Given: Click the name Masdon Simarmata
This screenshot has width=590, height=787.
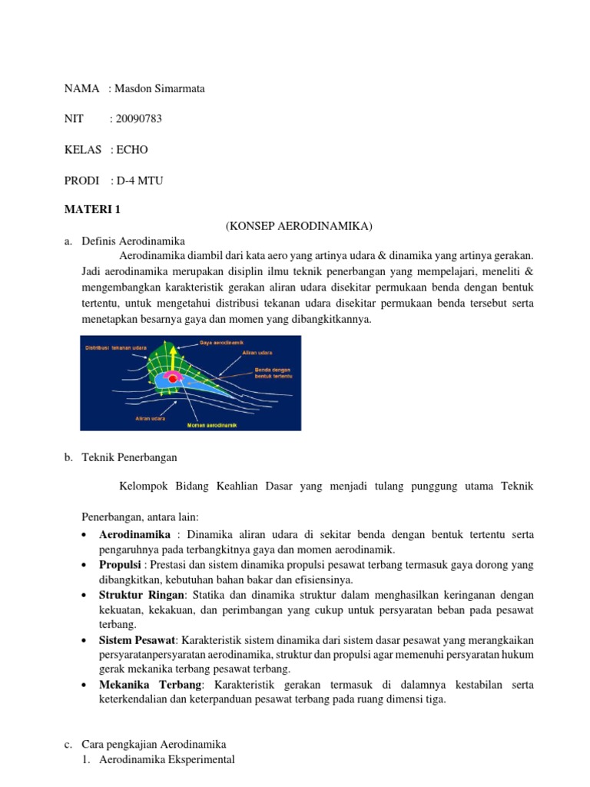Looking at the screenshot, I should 157,88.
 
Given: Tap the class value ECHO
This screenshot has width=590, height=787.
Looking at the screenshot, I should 131,149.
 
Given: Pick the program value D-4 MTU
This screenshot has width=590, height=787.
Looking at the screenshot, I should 138,180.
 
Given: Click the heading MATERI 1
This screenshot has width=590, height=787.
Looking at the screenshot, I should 92,209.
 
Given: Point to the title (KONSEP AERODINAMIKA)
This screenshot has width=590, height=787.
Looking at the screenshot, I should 298,225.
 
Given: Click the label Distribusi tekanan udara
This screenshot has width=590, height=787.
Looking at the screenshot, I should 115,347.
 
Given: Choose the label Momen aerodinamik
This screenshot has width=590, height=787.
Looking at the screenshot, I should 211,424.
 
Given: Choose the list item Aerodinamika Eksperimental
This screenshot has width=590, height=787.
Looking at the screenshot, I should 167,760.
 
